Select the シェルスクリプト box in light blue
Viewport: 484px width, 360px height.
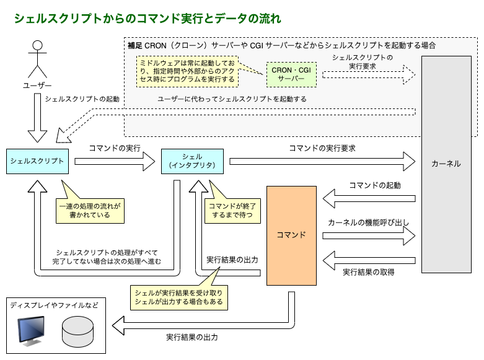pyautogui.click(x=37, y=161)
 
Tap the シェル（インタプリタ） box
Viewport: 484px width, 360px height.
pyautogui.click(x=191, y=161)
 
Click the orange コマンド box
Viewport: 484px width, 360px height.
pyautogui.click(x=291, y=235)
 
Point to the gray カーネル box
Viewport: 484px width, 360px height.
pyautogui.click(x=446, y=164)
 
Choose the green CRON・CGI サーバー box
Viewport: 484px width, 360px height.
pyautogui.click(x=291, y=74)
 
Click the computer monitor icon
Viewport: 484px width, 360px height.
pyautogui.click(x=31, y=331)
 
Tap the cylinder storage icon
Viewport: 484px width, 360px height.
pyautogui.click(x=77, y=331)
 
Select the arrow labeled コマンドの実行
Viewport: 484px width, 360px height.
pyautogui.click(x=115, y=162)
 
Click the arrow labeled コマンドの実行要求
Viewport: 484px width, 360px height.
pyautogui.click(x=322, y=162)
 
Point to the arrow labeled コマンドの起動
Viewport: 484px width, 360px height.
pyautogui.click(x=369, y=199)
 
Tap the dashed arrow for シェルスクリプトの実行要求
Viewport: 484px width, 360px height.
pyautogui.click(x=368, y=75)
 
